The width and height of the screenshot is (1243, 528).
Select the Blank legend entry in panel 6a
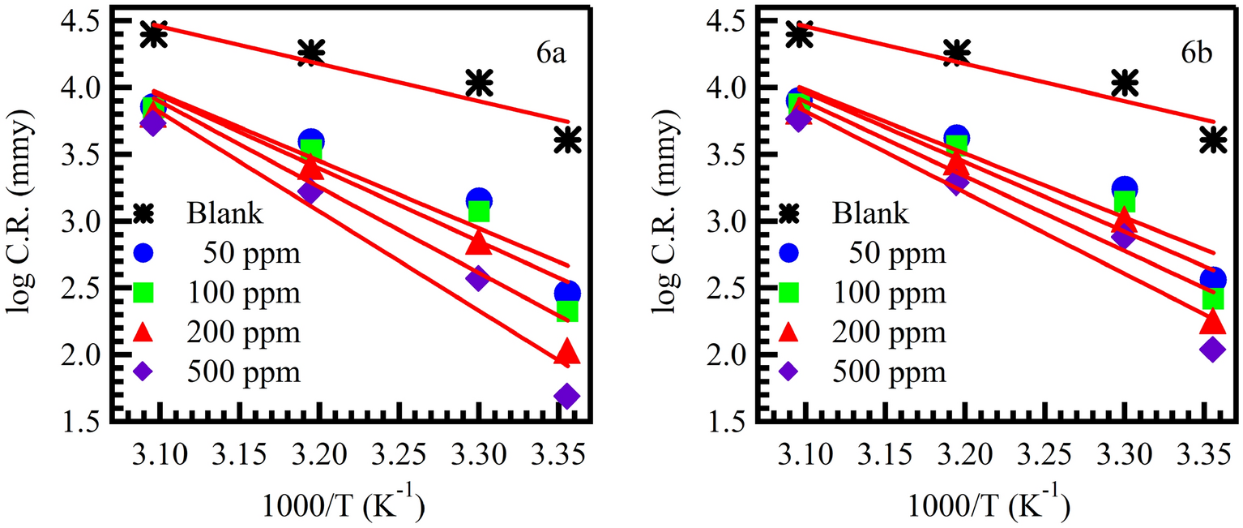tap(225, 214)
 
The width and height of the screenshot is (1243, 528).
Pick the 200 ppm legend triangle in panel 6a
tap(143, 333)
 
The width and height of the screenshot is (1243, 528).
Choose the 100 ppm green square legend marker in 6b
tap(788, 293)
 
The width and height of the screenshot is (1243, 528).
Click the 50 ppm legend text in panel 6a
tap(253, 254)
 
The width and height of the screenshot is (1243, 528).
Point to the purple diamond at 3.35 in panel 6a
tap(567, 397)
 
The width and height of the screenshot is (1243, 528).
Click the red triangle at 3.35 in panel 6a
tap(567, 354)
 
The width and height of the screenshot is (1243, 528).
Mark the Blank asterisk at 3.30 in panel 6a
tap(480, 82)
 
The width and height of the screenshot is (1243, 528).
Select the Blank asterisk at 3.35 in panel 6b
tap(1212, 140)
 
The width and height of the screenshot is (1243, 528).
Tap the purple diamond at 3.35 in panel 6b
tap(1212, 350)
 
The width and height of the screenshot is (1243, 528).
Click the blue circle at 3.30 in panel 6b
tap(1125, 189)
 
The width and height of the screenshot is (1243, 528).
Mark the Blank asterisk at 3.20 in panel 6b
tap(957, 53)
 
